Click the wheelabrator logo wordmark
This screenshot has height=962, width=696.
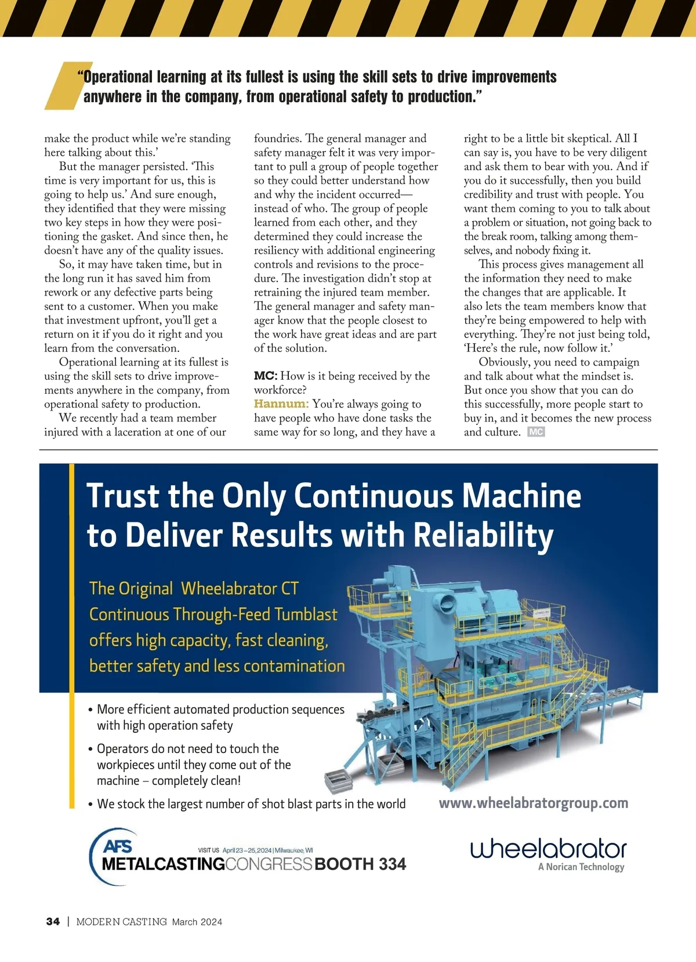[x=548, y=849]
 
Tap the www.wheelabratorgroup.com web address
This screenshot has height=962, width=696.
[x=533, y=803]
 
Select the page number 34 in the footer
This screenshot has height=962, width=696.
[x=53, y=921]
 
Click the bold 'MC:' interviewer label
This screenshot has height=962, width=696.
[x=266, y=376]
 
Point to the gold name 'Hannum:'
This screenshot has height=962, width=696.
[x=281, y=403]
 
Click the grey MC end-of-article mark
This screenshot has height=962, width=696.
[x=536, y=432]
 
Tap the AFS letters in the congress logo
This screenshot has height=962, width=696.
[x=117, y=846]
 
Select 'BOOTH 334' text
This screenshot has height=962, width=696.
[x=360, y=864]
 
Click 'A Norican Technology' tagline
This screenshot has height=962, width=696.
[x=581, y=867]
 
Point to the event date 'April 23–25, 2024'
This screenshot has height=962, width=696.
[x=247, y=850]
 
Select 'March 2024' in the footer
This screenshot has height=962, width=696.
[x=197, y=922]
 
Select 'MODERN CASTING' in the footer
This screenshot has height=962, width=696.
[x=121, y=922]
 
